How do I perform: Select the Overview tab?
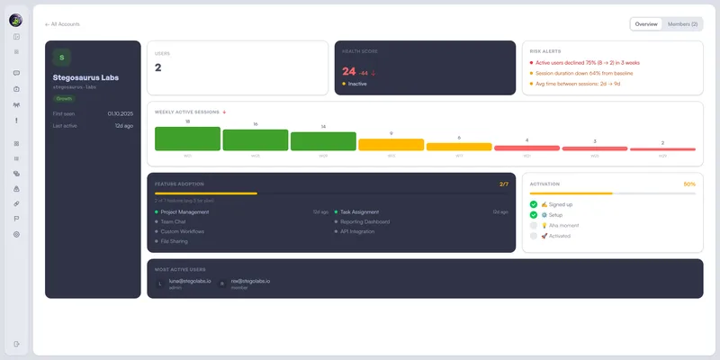[x=646, y=24]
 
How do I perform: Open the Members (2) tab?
[x=682, y=24]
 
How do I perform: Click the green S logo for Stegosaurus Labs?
[x=62, y=58]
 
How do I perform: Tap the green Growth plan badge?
[x=64, y=98]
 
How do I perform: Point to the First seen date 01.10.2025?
[x=121, y=114]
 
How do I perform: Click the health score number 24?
[x=349, y=71]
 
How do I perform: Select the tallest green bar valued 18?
[x=187, y=139]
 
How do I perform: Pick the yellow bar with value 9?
[x=391, y=144]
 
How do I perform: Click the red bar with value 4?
[x=526, y=147]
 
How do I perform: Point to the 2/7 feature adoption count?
[x=504, y=184]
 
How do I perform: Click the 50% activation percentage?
[x=689, y=184]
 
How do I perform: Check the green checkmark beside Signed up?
[x=534, y=204]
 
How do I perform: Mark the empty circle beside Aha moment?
[x=534, y=225]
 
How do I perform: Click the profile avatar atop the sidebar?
[x=16, y=20]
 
